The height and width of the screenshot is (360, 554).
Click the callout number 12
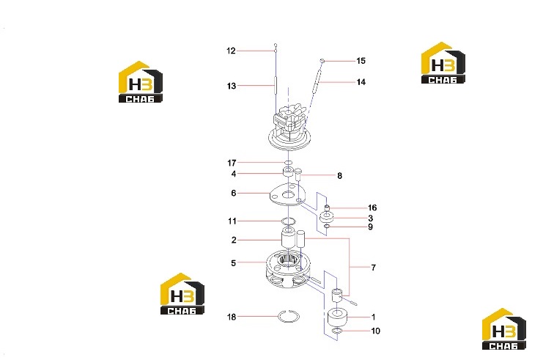click(231, 51)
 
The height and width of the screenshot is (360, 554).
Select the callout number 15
click(361, 61)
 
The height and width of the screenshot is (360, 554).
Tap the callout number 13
click(232, 86)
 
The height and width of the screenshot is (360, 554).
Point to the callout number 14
click(361, 82)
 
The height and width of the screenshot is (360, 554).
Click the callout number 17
click(232, 163)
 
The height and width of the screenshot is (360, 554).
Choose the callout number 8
click(339, 176)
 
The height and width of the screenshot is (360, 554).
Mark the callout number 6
click(234, 193)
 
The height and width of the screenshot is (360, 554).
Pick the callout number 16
click(372, 207)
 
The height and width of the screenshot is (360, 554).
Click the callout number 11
click(232, 221)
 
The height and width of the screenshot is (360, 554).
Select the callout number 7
click(374, 268)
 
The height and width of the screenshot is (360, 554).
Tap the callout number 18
click(232, 317)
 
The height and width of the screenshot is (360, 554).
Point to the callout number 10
click(376, 331)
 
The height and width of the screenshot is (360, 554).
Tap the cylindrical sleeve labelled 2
click(288, 238)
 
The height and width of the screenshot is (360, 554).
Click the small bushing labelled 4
click(288, 172)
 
